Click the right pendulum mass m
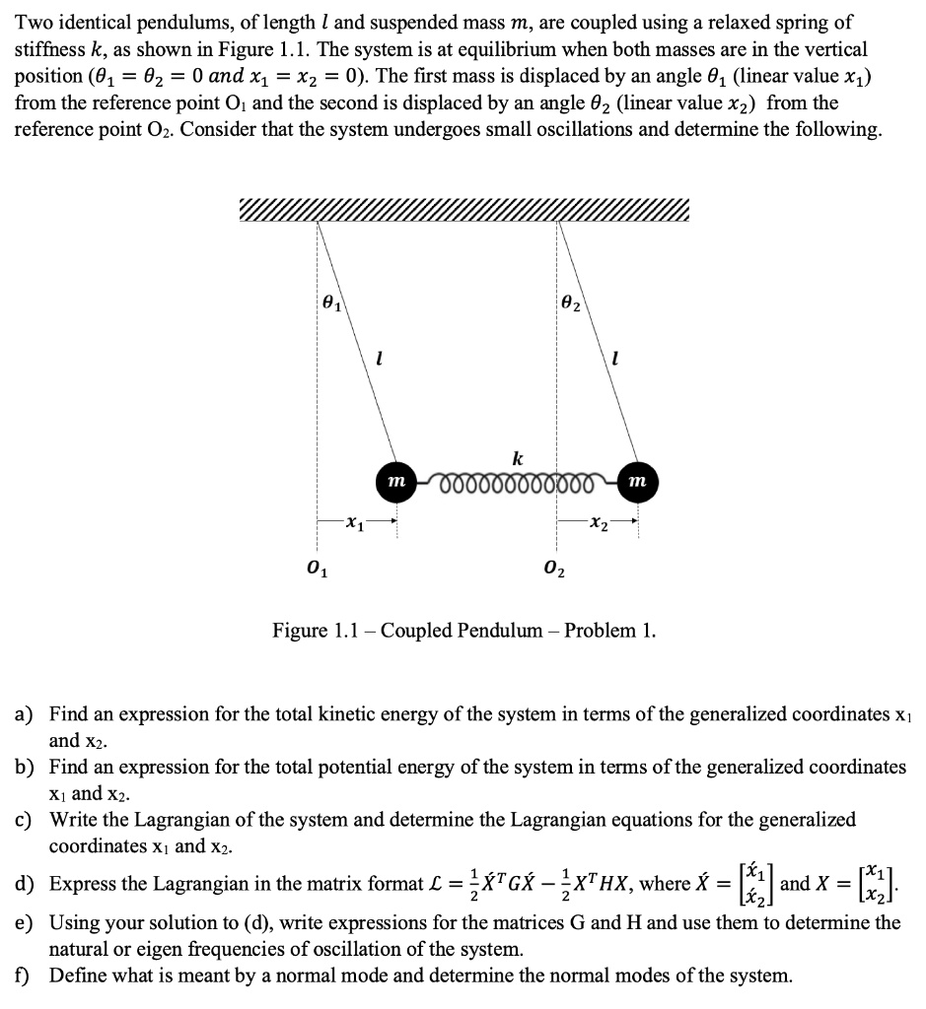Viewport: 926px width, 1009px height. coord(636,480)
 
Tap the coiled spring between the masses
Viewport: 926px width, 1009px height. coord(516,481)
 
